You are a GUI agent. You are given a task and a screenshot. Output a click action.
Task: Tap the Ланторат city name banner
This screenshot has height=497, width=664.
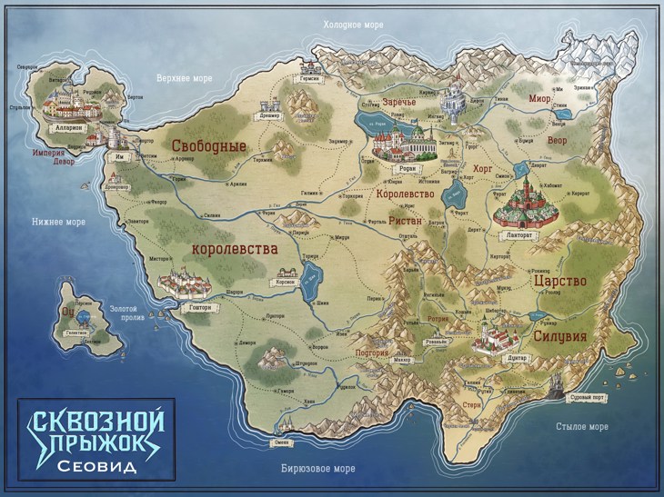517,233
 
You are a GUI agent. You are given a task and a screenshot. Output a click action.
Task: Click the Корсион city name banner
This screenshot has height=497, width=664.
284,283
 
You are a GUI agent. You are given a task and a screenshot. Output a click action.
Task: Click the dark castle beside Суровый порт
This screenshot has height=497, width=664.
556,384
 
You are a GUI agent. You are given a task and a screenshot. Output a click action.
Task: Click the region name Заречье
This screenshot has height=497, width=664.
398,102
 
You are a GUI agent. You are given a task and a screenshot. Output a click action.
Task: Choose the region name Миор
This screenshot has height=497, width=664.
539,97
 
